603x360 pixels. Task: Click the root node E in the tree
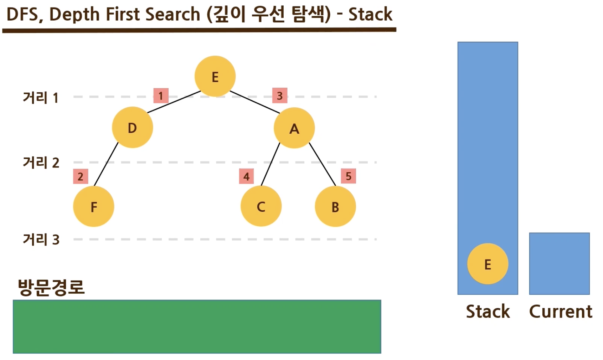click(215, 76)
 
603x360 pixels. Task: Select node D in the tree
click(132, 128)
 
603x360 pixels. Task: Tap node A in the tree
click(294, 128)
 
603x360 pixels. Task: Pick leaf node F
click(94, 206)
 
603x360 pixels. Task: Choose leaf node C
click(261, 206)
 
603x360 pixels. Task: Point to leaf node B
click(335, 206)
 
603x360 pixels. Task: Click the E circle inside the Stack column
click(488, 264)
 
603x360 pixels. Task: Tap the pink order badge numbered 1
click(161, 96)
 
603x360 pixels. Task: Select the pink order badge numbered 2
click(81, 176)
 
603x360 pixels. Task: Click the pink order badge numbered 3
click(280, 96)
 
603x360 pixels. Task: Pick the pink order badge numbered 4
click(246, 176)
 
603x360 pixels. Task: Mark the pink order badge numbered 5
click(348, 176)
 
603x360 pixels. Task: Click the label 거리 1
click(40, 97)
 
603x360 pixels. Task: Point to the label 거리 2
click(41, 163)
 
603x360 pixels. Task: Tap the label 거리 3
click(41, 240)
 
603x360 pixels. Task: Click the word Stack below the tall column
click(488, 311)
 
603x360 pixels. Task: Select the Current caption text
click(560, 311)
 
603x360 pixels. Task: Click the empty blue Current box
click(559, 263)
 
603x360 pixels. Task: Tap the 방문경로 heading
click(51, 287)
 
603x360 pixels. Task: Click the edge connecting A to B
click(322, 164)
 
